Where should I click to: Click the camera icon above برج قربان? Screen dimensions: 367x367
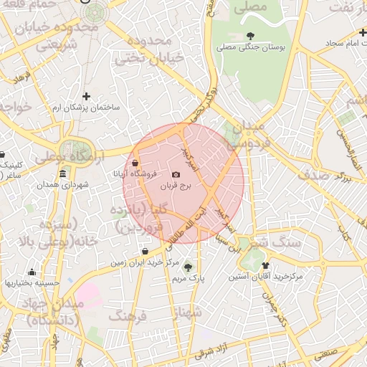point(176,175)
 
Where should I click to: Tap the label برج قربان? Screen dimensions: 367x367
point(176,186)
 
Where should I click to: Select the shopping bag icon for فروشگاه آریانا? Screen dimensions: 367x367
point(135,163)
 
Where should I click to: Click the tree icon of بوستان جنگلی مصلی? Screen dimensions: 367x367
point(249,35)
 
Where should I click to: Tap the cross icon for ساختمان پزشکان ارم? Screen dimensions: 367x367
point(87,96)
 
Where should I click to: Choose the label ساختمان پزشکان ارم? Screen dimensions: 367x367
point(86,108)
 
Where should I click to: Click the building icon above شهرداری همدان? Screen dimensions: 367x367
point(63,174)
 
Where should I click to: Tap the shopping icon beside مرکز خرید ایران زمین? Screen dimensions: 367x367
point(146,252)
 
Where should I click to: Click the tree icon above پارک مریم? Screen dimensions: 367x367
point(189,267)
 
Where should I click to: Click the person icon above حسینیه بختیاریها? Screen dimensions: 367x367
point(32,272)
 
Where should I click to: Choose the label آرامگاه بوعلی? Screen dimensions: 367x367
point(68,156)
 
